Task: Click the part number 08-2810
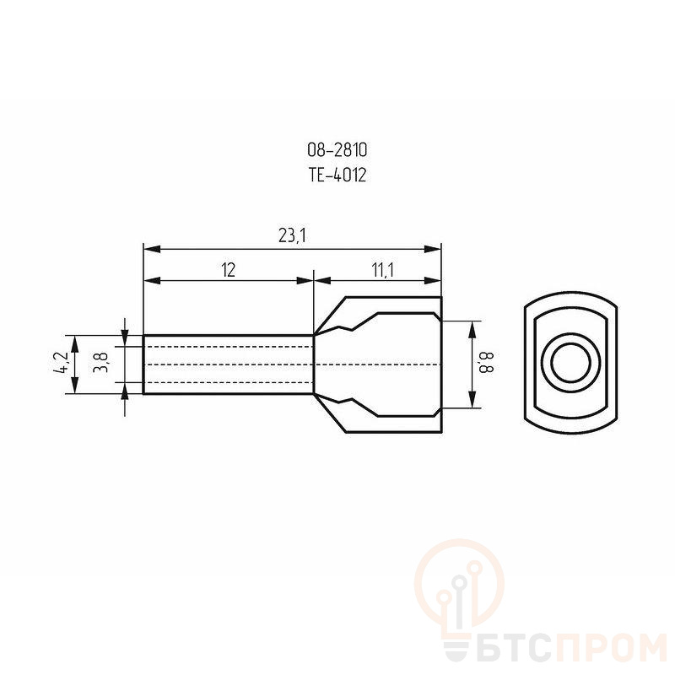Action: click(337, 150)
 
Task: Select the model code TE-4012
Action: click(337, 175)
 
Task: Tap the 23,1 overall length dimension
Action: click(292, 235)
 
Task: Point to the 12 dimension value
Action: click(228, 270)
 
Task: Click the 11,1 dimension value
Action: click(383, 270)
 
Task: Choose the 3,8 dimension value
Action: click(100, 362)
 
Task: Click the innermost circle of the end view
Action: click(571, 363)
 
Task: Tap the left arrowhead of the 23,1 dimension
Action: click(152, 249)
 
